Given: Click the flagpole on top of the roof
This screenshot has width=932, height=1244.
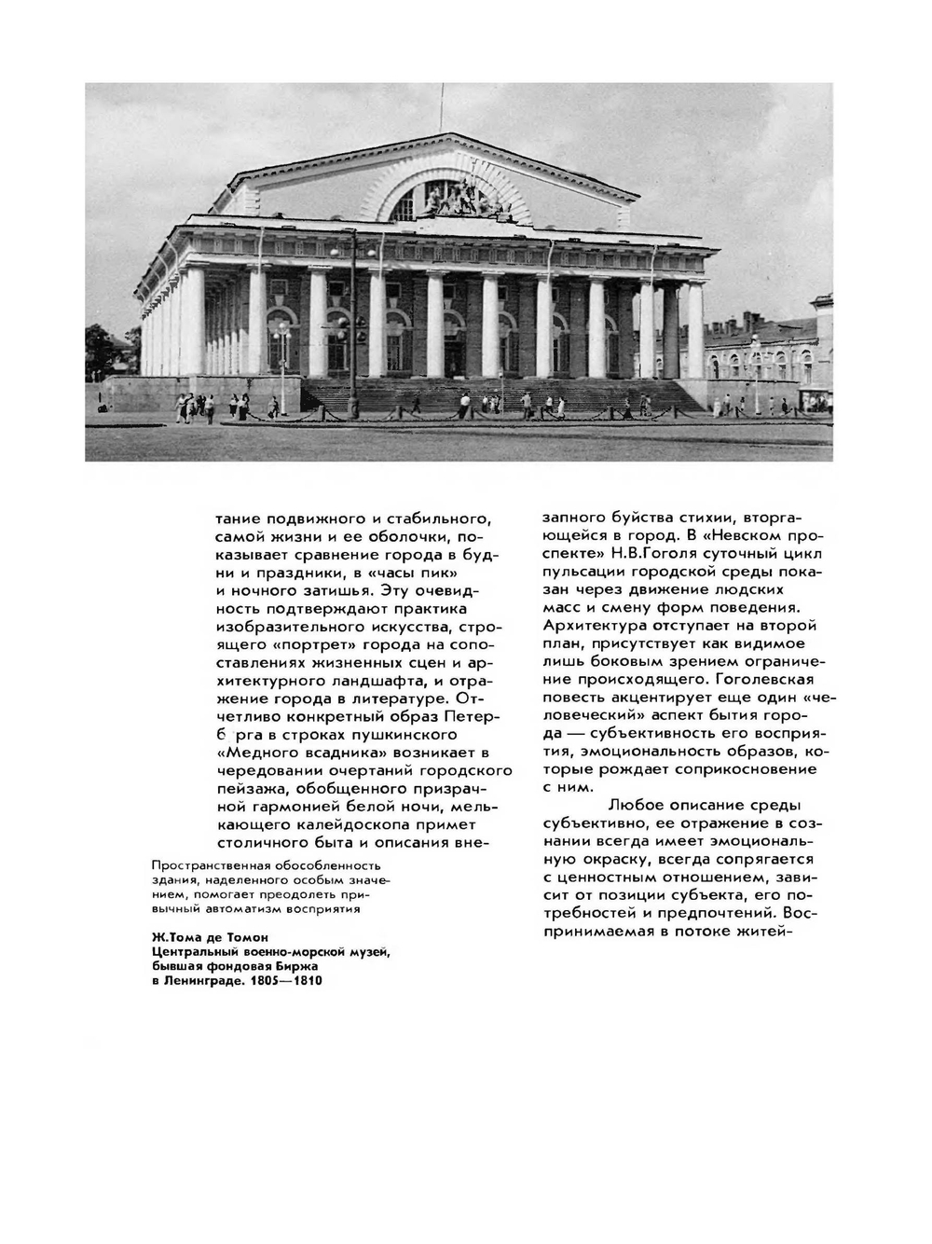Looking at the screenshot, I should click(441, 108).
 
